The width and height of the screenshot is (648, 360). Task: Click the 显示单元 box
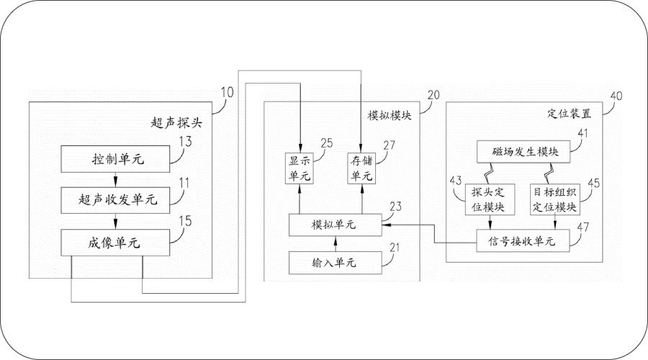coord(298,167)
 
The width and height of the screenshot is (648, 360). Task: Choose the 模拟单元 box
coord(334,225)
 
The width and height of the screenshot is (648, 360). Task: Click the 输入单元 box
coord(334,263)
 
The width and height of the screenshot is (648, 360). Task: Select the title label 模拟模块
coord(383,115)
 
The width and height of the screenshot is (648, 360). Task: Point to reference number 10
coord(227,92)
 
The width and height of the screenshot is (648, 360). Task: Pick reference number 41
coord(581,132)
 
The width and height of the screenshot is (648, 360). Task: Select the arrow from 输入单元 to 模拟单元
coord(333,245)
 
